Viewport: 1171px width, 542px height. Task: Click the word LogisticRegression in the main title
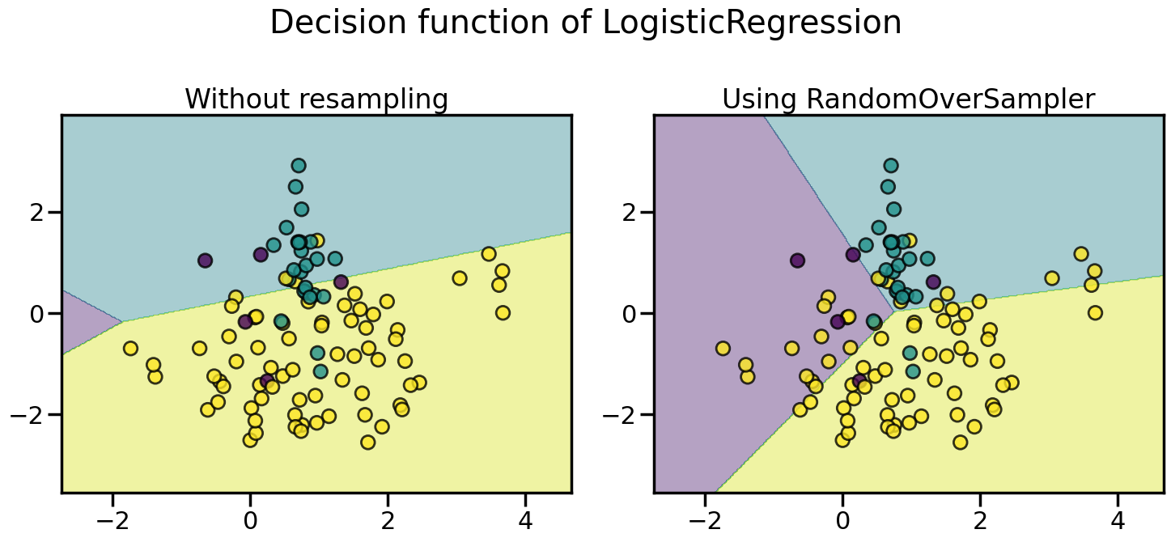click(x=753, y=23)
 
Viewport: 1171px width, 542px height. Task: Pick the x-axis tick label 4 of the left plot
click(x=525, y=518)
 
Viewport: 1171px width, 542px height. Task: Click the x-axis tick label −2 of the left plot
click(x=114, y=518)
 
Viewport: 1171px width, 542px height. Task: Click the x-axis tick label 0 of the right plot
click(x=842, y=518)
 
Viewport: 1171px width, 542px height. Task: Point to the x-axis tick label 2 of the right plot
click(x=980, y=518)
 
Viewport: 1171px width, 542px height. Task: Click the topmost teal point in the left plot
click(x=299, y=166)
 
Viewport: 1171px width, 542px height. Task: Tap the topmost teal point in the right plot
click(x=891, y=166)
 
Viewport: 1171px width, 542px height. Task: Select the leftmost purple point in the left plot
click(x=205, y=260)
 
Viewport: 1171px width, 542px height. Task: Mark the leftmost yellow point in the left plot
click(x=130, y=349)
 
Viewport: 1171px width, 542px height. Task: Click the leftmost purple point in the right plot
click(x=797, y=260)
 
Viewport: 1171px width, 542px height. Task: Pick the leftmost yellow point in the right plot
click(x=723, y=349)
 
